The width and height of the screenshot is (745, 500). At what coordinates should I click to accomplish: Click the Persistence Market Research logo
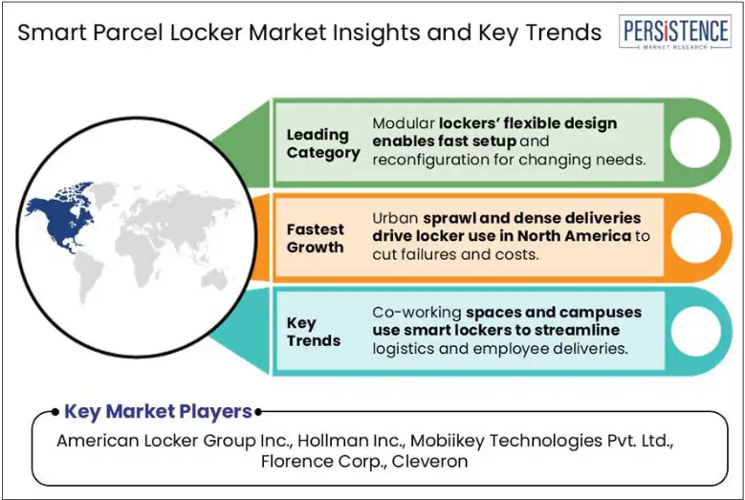(675, 32)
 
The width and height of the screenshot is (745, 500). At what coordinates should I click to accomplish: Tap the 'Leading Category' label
(323, 143)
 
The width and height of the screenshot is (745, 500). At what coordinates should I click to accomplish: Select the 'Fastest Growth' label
(316, 238)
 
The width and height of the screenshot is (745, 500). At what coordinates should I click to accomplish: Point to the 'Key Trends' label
(314, 332)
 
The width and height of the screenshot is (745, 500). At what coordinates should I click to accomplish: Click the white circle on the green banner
(695, 142)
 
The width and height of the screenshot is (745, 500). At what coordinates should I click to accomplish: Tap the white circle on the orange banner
(695, 237)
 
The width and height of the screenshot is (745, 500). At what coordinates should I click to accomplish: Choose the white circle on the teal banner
(695, 332)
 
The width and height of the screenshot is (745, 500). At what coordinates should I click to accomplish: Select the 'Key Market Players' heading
(158, 411)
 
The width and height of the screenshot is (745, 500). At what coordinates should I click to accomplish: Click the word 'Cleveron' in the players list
(429, 461)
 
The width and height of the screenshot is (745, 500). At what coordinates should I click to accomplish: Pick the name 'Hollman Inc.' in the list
(351, 441)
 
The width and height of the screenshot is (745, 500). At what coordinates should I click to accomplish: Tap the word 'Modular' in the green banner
(403, 123)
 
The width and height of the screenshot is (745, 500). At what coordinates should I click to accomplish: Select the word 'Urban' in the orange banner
(395, 218)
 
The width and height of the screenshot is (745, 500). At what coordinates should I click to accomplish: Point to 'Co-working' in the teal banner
(417, 313)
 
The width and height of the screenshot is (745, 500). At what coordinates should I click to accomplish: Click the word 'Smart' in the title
(53, 33)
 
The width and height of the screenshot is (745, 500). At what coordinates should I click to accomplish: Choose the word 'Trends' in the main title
(563, 33)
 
